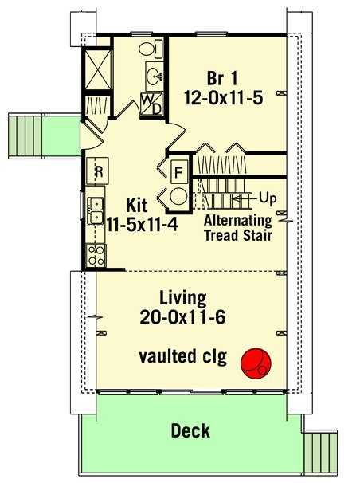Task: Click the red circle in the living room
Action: (256, 363)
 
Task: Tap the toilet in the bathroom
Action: (151, 49)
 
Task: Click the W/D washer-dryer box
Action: (151, 104)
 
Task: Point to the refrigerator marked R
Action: (97, 171)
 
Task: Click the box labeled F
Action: (178, 172)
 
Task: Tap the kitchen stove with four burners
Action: (96, 256)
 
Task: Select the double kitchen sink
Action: (96, 210)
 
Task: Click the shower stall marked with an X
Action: (97, 69)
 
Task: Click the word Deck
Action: (190, 430)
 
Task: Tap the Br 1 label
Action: (222, 78)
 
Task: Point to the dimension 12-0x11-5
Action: (223, 98)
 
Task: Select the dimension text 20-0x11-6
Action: (182, 317)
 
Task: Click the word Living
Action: (182, 298)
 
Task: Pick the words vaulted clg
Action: (182, 356)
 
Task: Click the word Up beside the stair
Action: (268, 198)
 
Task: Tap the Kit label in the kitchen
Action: (137, 206)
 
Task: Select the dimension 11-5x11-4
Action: (142, 225)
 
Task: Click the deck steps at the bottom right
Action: (321, 451)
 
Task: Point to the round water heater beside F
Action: (178, 196)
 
